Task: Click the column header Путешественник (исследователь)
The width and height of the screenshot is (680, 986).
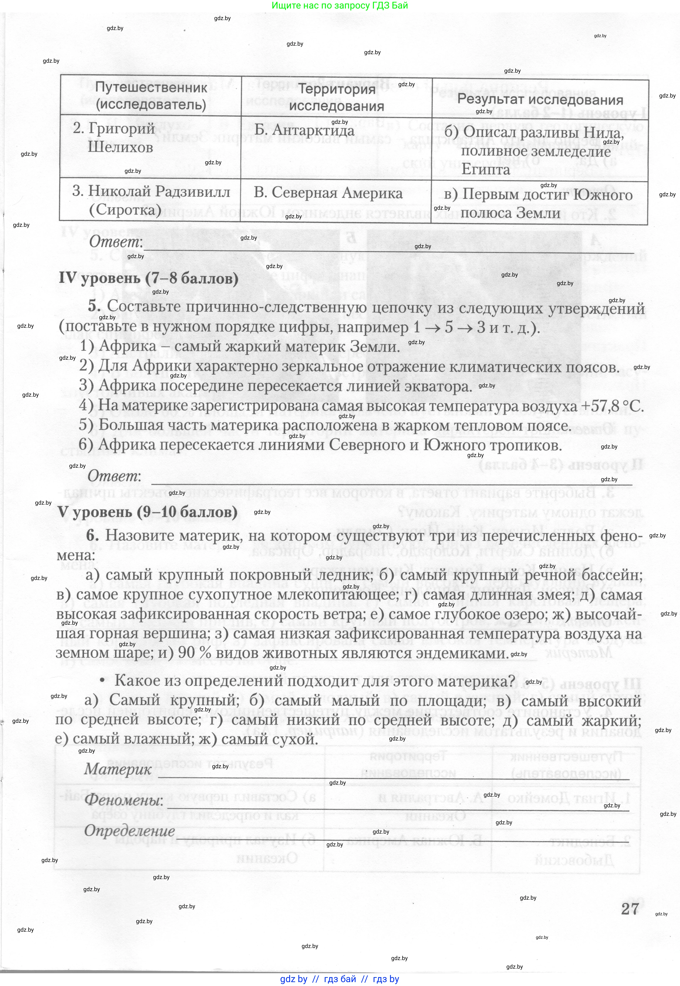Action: point(151,96)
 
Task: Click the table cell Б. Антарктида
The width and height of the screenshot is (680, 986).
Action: point(304,130)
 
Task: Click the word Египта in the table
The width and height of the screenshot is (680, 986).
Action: point(486,169)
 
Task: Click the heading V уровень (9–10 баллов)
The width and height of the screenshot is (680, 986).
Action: point(147,512)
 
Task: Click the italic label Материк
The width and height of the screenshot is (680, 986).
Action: point(118,769)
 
